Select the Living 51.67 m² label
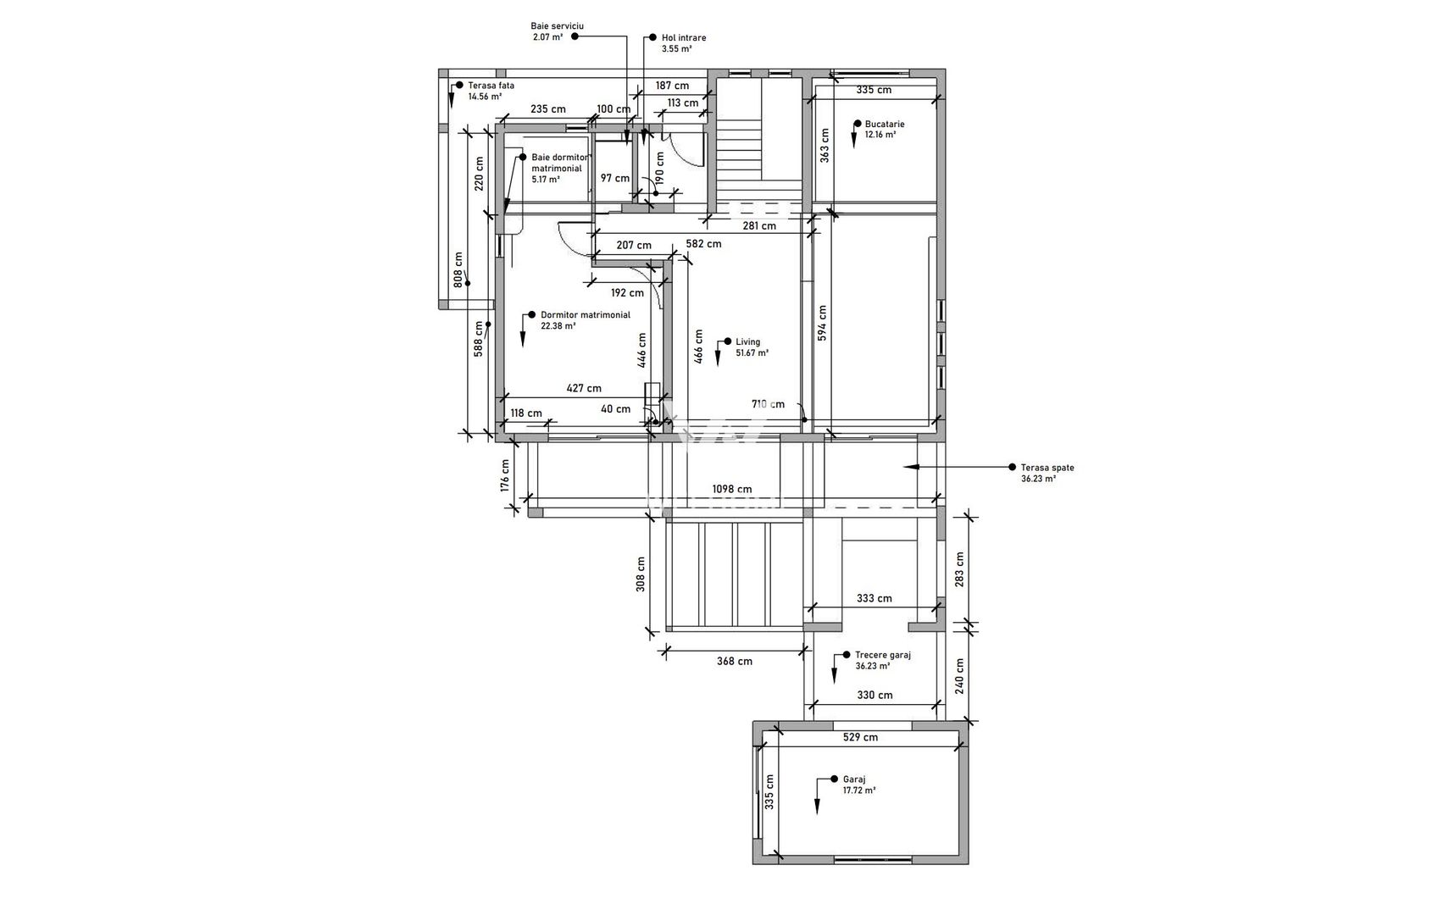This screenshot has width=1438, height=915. [751, 347]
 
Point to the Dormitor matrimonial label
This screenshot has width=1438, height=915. [585, 319]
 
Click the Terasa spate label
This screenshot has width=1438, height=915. [1047, 473]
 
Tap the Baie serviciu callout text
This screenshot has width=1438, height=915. [557, 31]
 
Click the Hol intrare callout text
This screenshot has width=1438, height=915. [683, 43]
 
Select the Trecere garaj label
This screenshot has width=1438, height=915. [882, 660]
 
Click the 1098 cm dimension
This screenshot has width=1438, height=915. [732, 489]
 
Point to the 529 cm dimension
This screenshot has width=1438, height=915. [860, 737]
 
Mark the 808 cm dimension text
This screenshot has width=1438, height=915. [458, 269]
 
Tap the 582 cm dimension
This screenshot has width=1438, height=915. [703, 244]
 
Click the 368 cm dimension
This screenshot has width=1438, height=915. [734, 661]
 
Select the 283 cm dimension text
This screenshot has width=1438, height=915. [959, 569]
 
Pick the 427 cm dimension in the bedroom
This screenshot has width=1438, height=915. [584, 388]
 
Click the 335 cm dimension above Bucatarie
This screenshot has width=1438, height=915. [874, 90]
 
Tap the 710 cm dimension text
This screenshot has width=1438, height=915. [768, 404]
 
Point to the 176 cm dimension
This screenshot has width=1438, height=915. [505, 475]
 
